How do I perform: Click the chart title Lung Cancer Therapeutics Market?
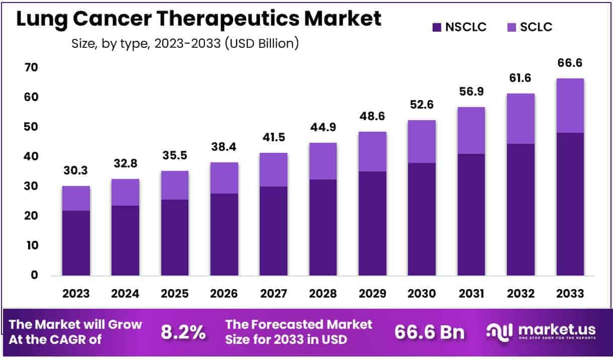click(199, 19)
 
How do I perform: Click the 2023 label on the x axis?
click(76, 293)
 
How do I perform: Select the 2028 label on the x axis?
click(323, 293)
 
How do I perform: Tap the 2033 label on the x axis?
click(570, 293)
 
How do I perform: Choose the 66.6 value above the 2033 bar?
click(570, 63)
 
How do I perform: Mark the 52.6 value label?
click(421, 105)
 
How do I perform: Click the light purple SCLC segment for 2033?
click(570, 106)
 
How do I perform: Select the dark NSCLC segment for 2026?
click(224, 234)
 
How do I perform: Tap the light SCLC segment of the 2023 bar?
click(76, 198)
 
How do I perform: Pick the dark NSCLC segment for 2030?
click(421, 219)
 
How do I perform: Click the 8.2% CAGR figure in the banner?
click(183, 332)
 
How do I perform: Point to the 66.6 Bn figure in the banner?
click(430, 332)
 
